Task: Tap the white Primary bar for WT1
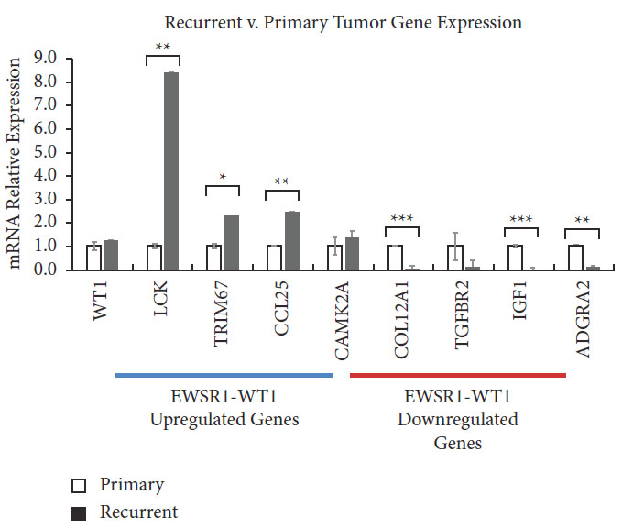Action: coord(93,258)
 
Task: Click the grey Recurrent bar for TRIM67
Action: coord(231,243)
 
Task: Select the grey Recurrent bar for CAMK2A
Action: coord(352,254)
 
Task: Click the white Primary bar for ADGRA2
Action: coord(576,258)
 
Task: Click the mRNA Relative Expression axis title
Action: coord(16,165)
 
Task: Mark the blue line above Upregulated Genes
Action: coord(224,374)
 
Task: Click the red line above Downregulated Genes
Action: coord(458,374)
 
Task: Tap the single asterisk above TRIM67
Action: coord(223,177)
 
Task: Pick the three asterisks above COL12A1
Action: coord(403,218)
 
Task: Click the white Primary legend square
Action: coord(79,485)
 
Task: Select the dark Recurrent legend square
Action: coord(79,512)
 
